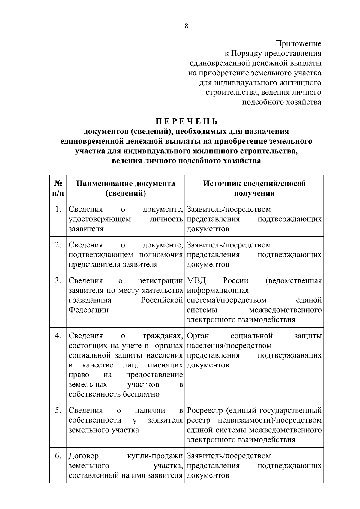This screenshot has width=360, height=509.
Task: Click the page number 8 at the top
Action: [x=186, y=26]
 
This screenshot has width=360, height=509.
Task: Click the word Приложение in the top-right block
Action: [x=298, y=44]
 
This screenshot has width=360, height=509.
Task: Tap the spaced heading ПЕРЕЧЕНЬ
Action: [x=186, y=122]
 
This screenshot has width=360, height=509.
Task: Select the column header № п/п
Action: [x=58, y=188]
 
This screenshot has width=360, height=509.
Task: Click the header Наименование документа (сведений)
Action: [x=125, y=188]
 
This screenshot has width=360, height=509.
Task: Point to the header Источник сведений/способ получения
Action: [x=254, y=188]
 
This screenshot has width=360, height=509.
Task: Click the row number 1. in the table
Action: [x=58, y=209]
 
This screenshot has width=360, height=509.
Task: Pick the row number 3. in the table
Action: [x=58, y=281]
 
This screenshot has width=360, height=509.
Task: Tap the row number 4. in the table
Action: [x=58, y=336]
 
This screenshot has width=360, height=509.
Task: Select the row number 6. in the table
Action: [x=58, y=456]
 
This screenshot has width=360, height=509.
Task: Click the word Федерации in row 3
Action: [x=88, y=310]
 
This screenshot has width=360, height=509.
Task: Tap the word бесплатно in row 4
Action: [x=141, y=394]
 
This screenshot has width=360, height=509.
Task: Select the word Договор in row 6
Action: [x=84, y=456]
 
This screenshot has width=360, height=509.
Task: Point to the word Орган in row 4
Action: [x=198, y=336]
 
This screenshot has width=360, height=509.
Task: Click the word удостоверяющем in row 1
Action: [x=100, y=219]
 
